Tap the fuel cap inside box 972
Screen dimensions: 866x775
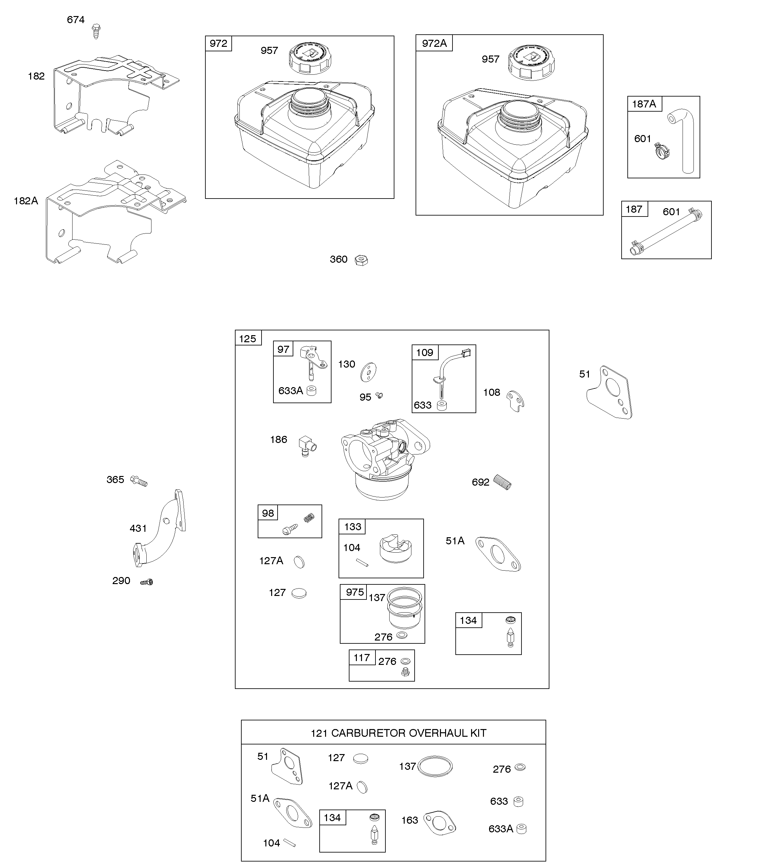pos(309,59)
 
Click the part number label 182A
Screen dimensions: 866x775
pos(26,201)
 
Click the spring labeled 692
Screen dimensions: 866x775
pos(503,483)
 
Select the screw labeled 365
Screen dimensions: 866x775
pos(139,481)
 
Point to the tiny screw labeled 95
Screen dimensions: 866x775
pos(379,396)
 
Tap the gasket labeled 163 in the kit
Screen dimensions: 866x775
pos(439,823)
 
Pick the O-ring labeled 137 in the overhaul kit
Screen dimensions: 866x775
pos(435,767)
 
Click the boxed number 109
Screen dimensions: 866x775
pos(425,352)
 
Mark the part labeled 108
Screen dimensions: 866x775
pos(515,401)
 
